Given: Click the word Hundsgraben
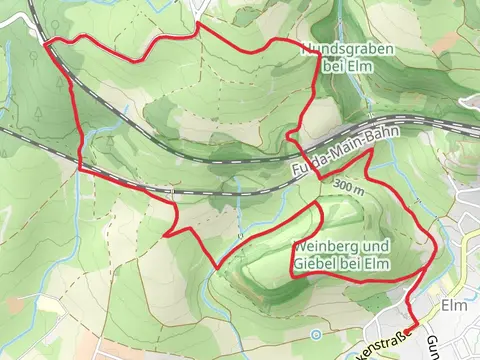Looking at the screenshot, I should [343, 49].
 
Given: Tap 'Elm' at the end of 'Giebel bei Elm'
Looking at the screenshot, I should [375, 263].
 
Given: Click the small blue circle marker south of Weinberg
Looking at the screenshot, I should [290, 293].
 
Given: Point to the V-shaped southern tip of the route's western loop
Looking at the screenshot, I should [218, 268].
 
